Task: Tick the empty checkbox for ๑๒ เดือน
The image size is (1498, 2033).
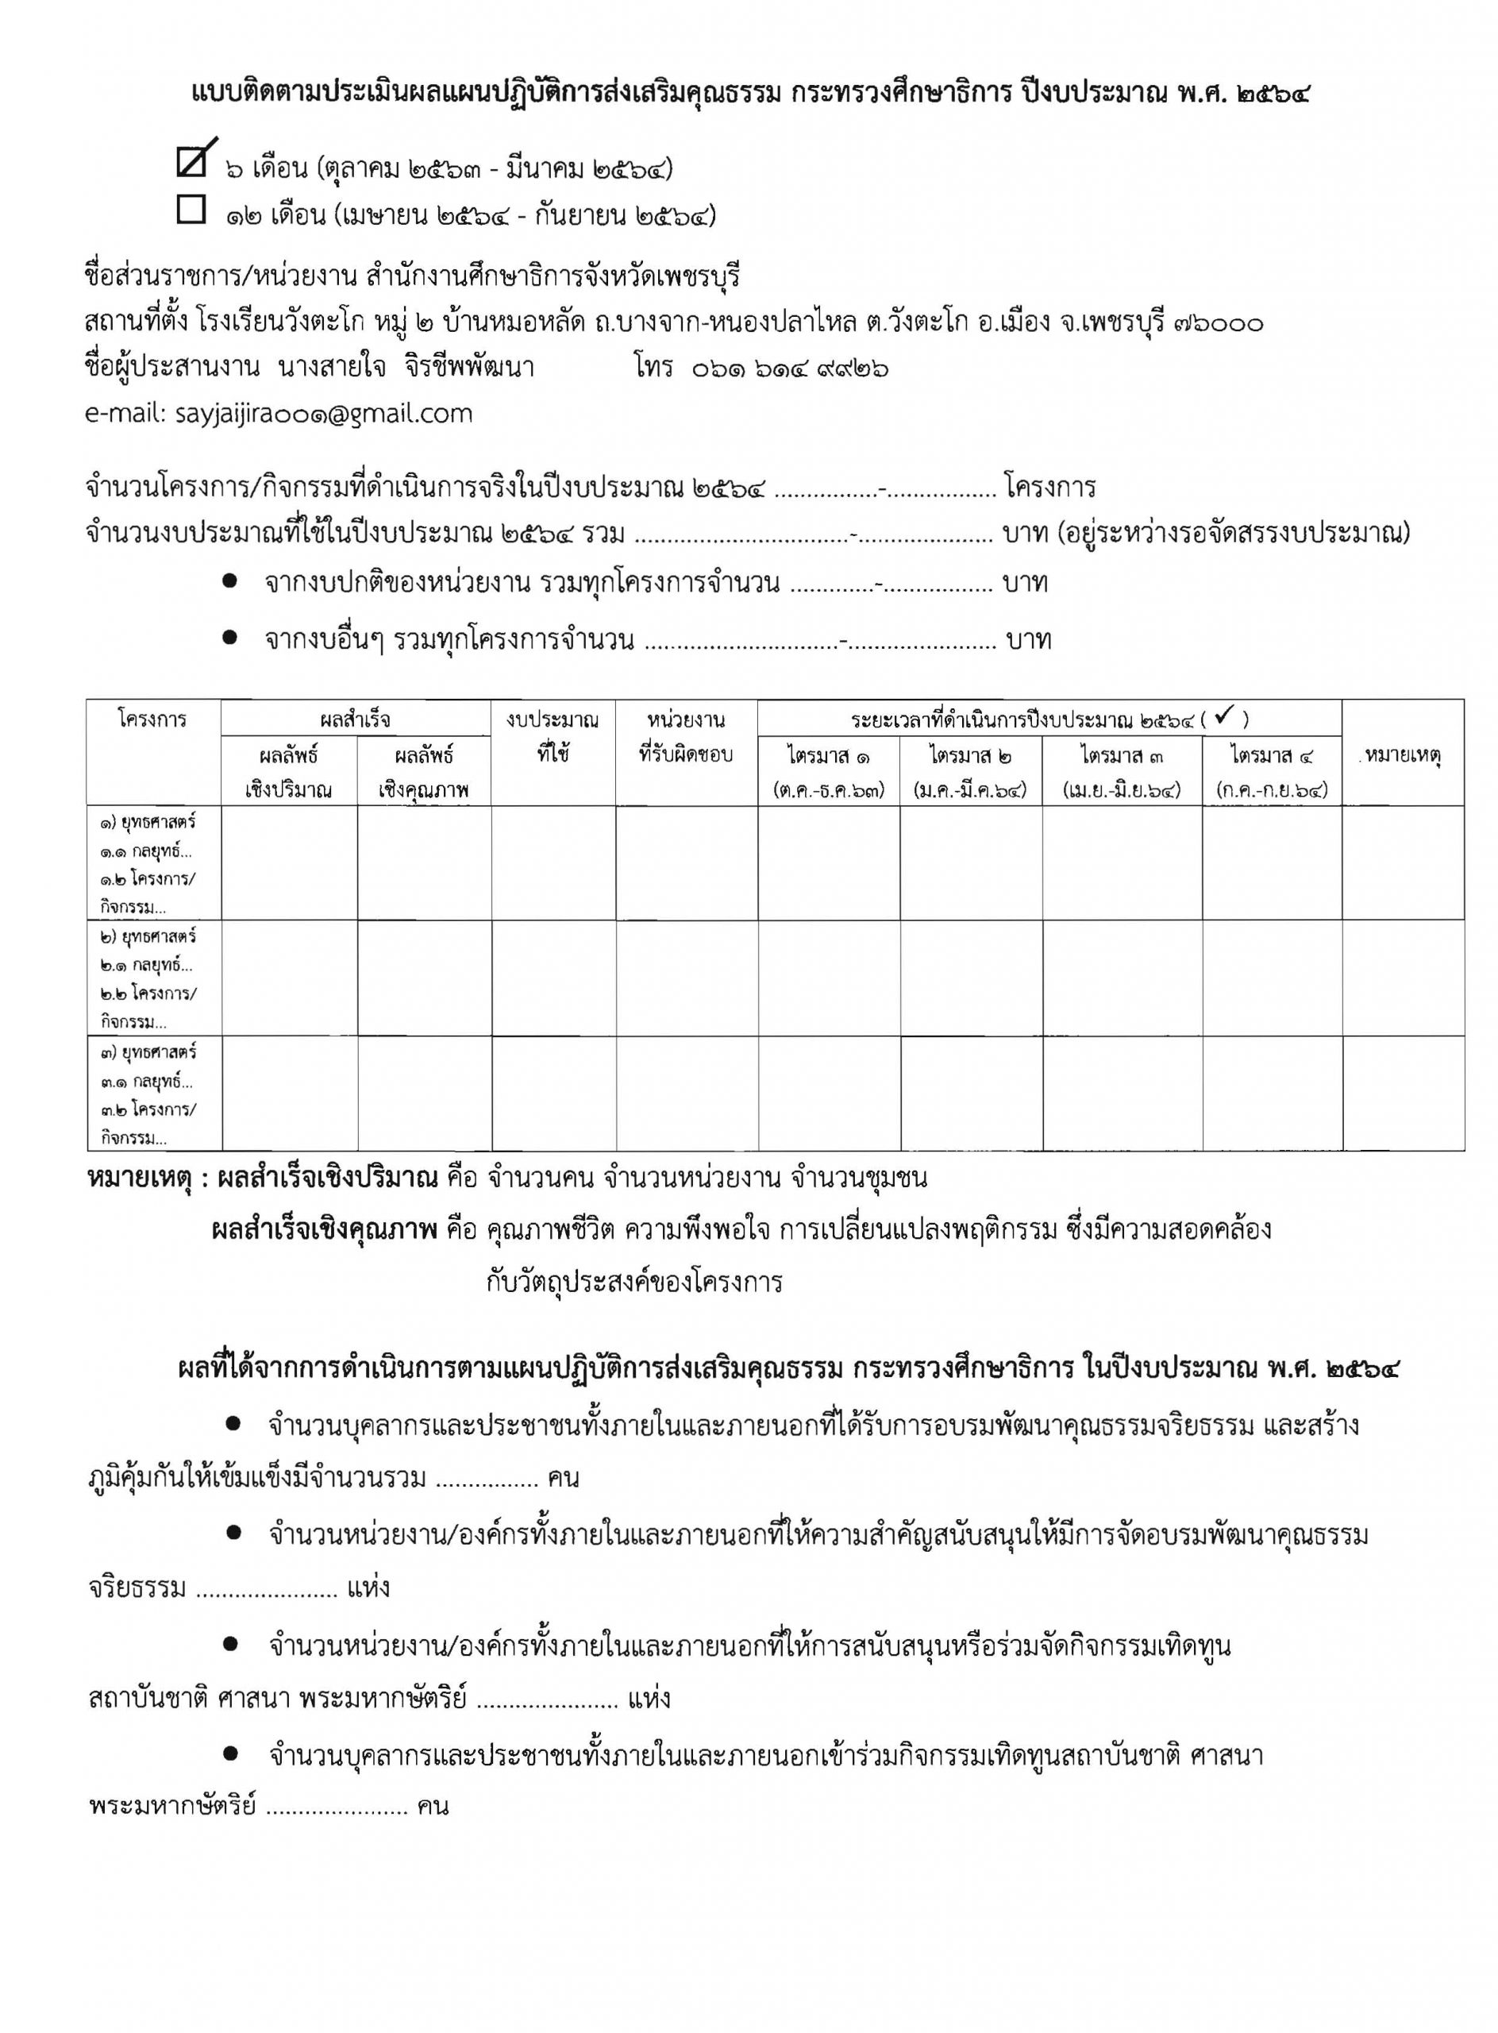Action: click(191, 210)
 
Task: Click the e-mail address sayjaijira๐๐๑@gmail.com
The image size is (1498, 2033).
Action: click(279, 414)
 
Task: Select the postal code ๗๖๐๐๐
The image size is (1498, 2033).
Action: click(1217, 323)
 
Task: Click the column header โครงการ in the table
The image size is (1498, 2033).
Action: click(152, 720)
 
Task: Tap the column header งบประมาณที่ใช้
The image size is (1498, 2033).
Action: click(553, 737)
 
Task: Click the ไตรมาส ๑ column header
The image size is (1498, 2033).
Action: click(828, 771)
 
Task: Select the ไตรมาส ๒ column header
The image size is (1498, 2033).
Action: click(970, 771)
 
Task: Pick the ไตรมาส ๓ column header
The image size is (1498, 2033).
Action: click(1122, 771)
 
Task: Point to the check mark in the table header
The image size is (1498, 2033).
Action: click(1223, 718)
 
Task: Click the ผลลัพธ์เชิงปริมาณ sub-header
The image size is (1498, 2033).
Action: click(288, 772)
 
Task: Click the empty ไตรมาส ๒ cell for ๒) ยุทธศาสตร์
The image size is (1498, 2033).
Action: click(970, 977)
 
